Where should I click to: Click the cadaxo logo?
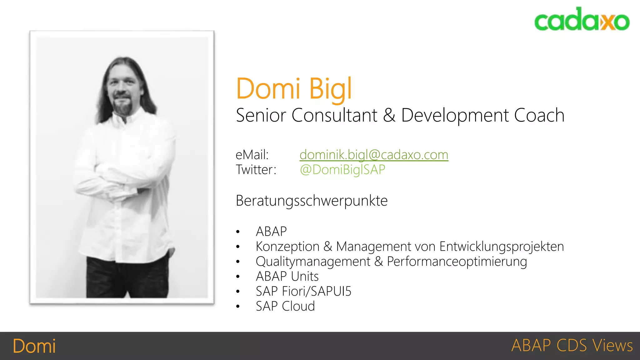point(582,19)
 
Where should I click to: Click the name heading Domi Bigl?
point(294,89)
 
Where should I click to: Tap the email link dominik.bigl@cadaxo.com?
point(374,155)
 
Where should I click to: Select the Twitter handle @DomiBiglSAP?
point(342,170)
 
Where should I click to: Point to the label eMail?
point(252,155)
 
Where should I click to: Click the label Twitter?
point(256,170)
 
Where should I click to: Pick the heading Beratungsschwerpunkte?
point(312,201)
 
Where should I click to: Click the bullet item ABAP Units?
point(287,276)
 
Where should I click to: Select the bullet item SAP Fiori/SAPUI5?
point(303,291)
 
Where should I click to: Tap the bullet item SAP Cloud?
point(285,306)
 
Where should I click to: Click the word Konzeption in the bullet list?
point(287,247)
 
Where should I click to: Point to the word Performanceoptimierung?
point(457,262)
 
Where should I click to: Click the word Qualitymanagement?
point(313,262)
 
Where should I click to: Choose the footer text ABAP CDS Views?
point(572,346)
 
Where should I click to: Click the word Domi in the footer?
point(34,346)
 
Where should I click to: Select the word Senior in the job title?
point(261,115)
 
